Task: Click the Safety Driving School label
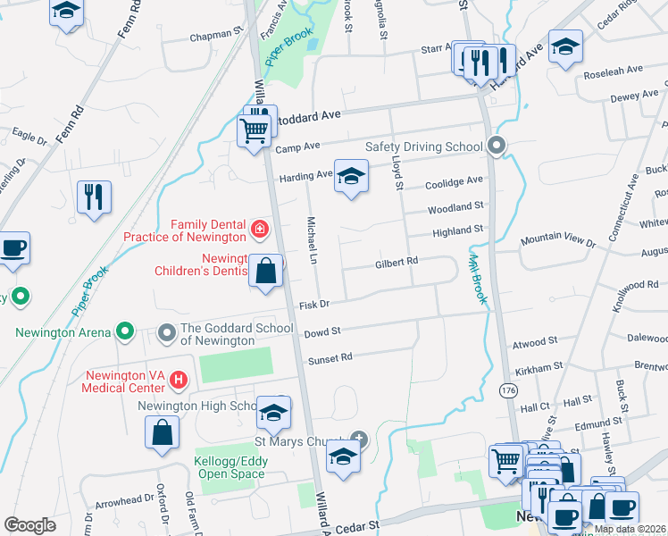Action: click(x=422, y=147)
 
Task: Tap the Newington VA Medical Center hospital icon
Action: click(x=179, y=381)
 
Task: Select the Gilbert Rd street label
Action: click(x=397, y=262)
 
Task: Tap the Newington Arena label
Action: click(x=63, y=333)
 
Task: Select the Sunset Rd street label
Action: click(x=330, y=357)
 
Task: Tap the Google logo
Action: click(x=29, y=525)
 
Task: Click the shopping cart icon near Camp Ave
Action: click(x=255, y=130)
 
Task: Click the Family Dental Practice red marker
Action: click(x=260, y=230)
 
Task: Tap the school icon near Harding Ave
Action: click(x=351, y=176)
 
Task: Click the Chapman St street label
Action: click(x=217, y=38)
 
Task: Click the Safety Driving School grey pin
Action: click(x=497, y=146)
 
